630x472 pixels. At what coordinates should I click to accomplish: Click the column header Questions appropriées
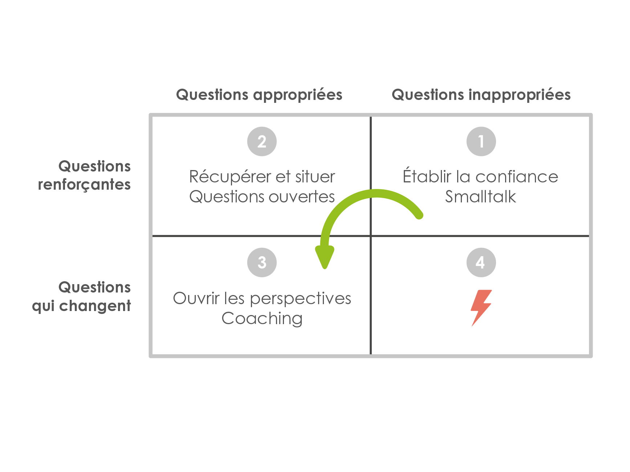click(259, 95)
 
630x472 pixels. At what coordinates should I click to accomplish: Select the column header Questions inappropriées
click(481, 95)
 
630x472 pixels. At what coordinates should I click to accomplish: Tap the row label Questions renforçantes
click(85, 175)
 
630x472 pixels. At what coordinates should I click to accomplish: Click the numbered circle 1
click(481, 141)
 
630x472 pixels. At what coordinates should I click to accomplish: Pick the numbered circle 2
click(262, 141)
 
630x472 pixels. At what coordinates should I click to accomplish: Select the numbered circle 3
click(262, 262)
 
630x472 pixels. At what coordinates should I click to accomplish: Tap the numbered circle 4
click(481, 262)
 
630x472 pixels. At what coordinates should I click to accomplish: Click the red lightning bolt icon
click(481, 307)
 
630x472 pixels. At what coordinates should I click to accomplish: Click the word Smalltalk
click(480, 197)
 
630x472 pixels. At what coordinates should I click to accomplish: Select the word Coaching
click(262, 319)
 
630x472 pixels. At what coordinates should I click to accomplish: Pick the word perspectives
click(301, 299)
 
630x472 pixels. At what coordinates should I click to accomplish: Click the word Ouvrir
click(196, 299)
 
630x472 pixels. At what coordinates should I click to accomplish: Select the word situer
click(315, 177)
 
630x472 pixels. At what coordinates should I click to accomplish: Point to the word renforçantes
click(85, 185)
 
